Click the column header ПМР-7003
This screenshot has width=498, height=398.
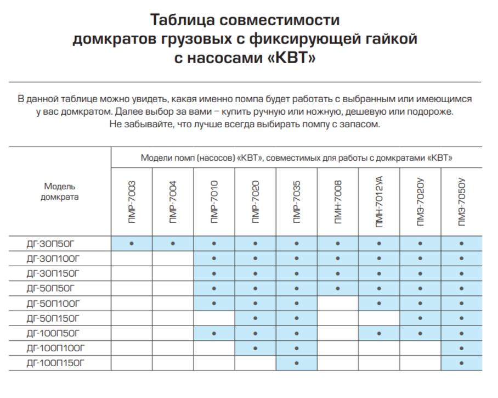[x=132, y=202]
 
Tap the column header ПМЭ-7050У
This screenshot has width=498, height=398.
[x=462, y=202]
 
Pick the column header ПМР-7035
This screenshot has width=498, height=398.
[x=296, y=202]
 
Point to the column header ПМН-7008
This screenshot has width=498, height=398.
[x=338, y=202]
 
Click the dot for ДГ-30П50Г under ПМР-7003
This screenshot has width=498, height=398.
[x=132, y=243]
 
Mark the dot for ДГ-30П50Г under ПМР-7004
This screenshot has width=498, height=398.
[x=173, y=243]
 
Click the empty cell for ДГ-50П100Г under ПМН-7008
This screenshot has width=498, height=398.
[x=338, y=302]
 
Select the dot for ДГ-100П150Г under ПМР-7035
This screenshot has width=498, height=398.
[x=296, y=363]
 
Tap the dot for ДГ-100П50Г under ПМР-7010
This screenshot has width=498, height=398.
[x=214, y=333]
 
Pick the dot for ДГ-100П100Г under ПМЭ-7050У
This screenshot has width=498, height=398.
[x=462, y=348]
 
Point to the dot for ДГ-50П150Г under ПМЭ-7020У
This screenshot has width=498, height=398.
[x=420, y=318]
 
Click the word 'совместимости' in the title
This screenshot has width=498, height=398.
[x=279, y=21]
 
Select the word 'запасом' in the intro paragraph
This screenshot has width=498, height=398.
[x=360, y=125]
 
